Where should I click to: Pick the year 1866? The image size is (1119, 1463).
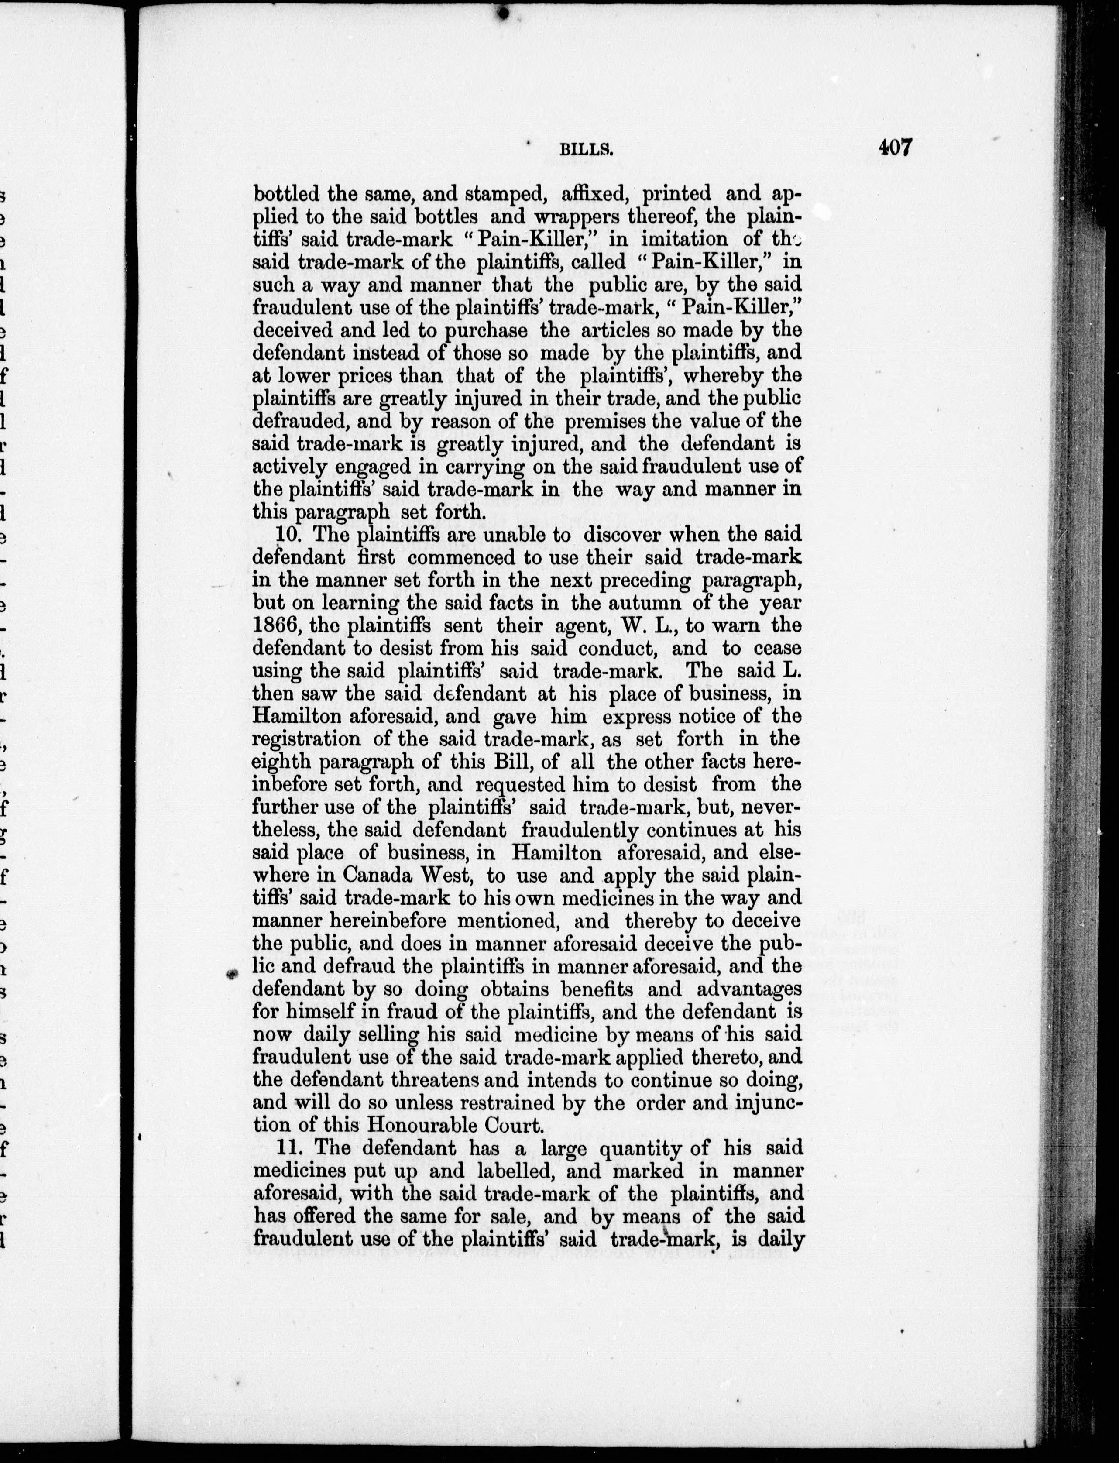[276, 625]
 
